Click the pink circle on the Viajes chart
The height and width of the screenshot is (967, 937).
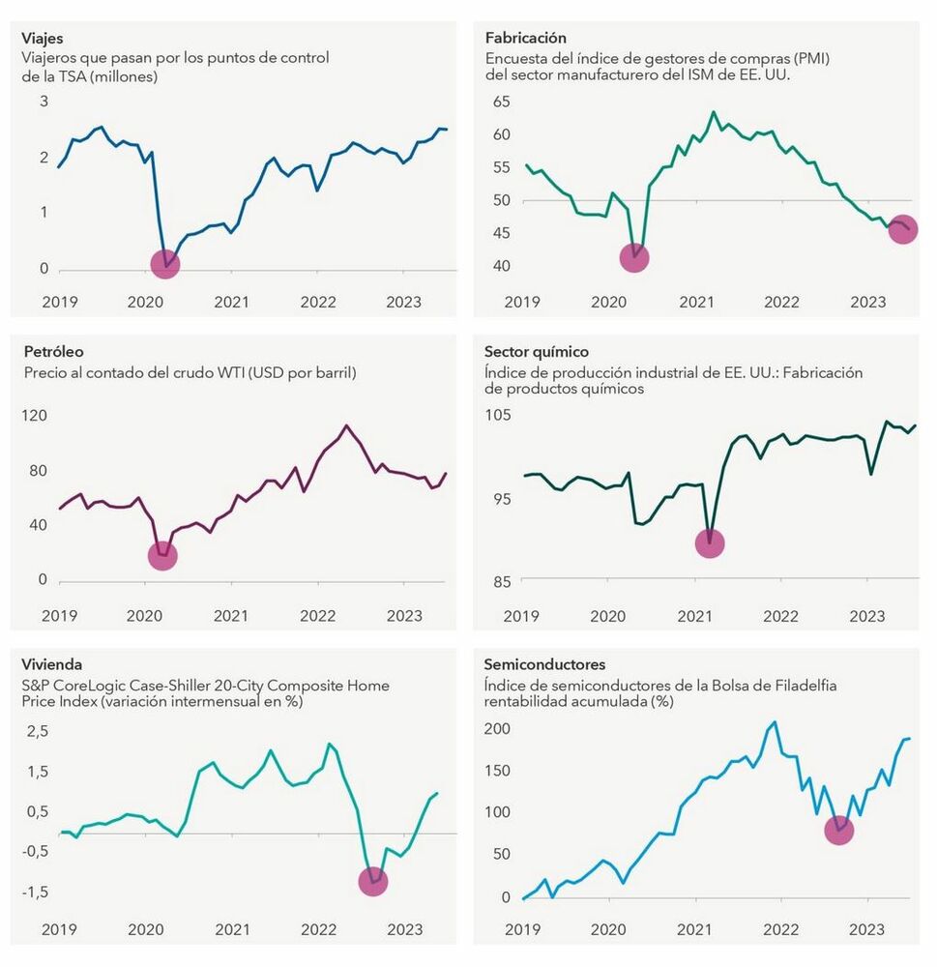[x=165, y=263]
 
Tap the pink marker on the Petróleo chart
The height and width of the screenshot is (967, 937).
[x=162, y=555]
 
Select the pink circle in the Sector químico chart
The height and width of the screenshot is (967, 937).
[x=710, y=543]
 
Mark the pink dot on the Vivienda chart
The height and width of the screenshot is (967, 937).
[x=372, y=881]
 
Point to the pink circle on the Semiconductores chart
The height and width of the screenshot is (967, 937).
[x=838, y=831]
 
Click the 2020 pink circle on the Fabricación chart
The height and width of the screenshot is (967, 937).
[x=633, y=257]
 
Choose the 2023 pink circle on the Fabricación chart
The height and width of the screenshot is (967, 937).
[x=902, y=229]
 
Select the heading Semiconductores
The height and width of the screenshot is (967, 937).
[x=545, y=665]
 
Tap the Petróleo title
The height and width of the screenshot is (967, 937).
[x=47, y=352]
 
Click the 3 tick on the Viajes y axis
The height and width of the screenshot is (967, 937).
[x=44, y=102]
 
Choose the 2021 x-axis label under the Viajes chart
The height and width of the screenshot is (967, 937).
[x=232, y=302]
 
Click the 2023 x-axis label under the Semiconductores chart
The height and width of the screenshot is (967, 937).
[x=867, y=930]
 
